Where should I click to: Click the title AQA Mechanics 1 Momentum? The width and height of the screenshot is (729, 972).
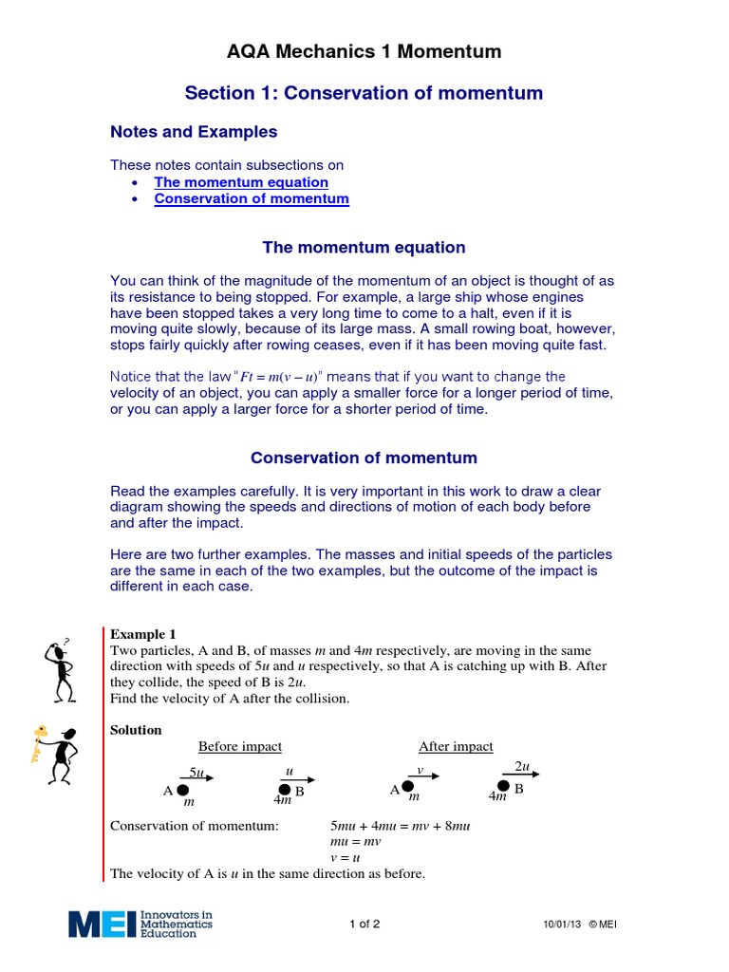point(364,52)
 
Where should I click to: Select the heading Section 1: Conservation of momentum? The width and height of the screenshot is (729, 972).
point(364,93)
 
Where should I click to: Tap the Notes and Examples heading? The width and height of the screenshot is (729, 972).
point(194,132)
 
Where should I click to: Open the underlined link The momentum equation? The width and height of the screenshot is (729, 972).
point(241,182)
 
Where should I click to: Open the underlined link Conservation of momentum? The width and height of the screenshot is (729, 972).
point(252,199)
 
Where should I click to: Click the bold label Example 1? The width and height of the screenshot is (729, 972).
point(143,634)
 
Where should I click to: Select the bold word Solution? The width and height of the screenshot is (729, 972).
point(136,730)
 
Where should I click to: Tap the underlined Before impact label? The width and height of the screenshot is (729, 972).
point(239,747)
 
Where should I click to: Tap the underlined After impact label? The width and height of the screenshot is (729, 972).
point(456,747)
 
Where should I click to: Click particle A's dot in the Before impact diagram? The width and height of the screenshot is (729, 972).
point(183,789)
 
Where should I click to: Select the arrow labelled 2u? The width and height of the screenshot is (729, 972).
point(522,774)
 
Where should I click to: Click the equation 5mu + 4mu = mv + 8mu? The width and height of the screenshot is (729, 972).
point(400,826)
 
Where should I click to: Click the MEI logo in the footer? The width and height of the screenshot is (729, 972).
point(140,925)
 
